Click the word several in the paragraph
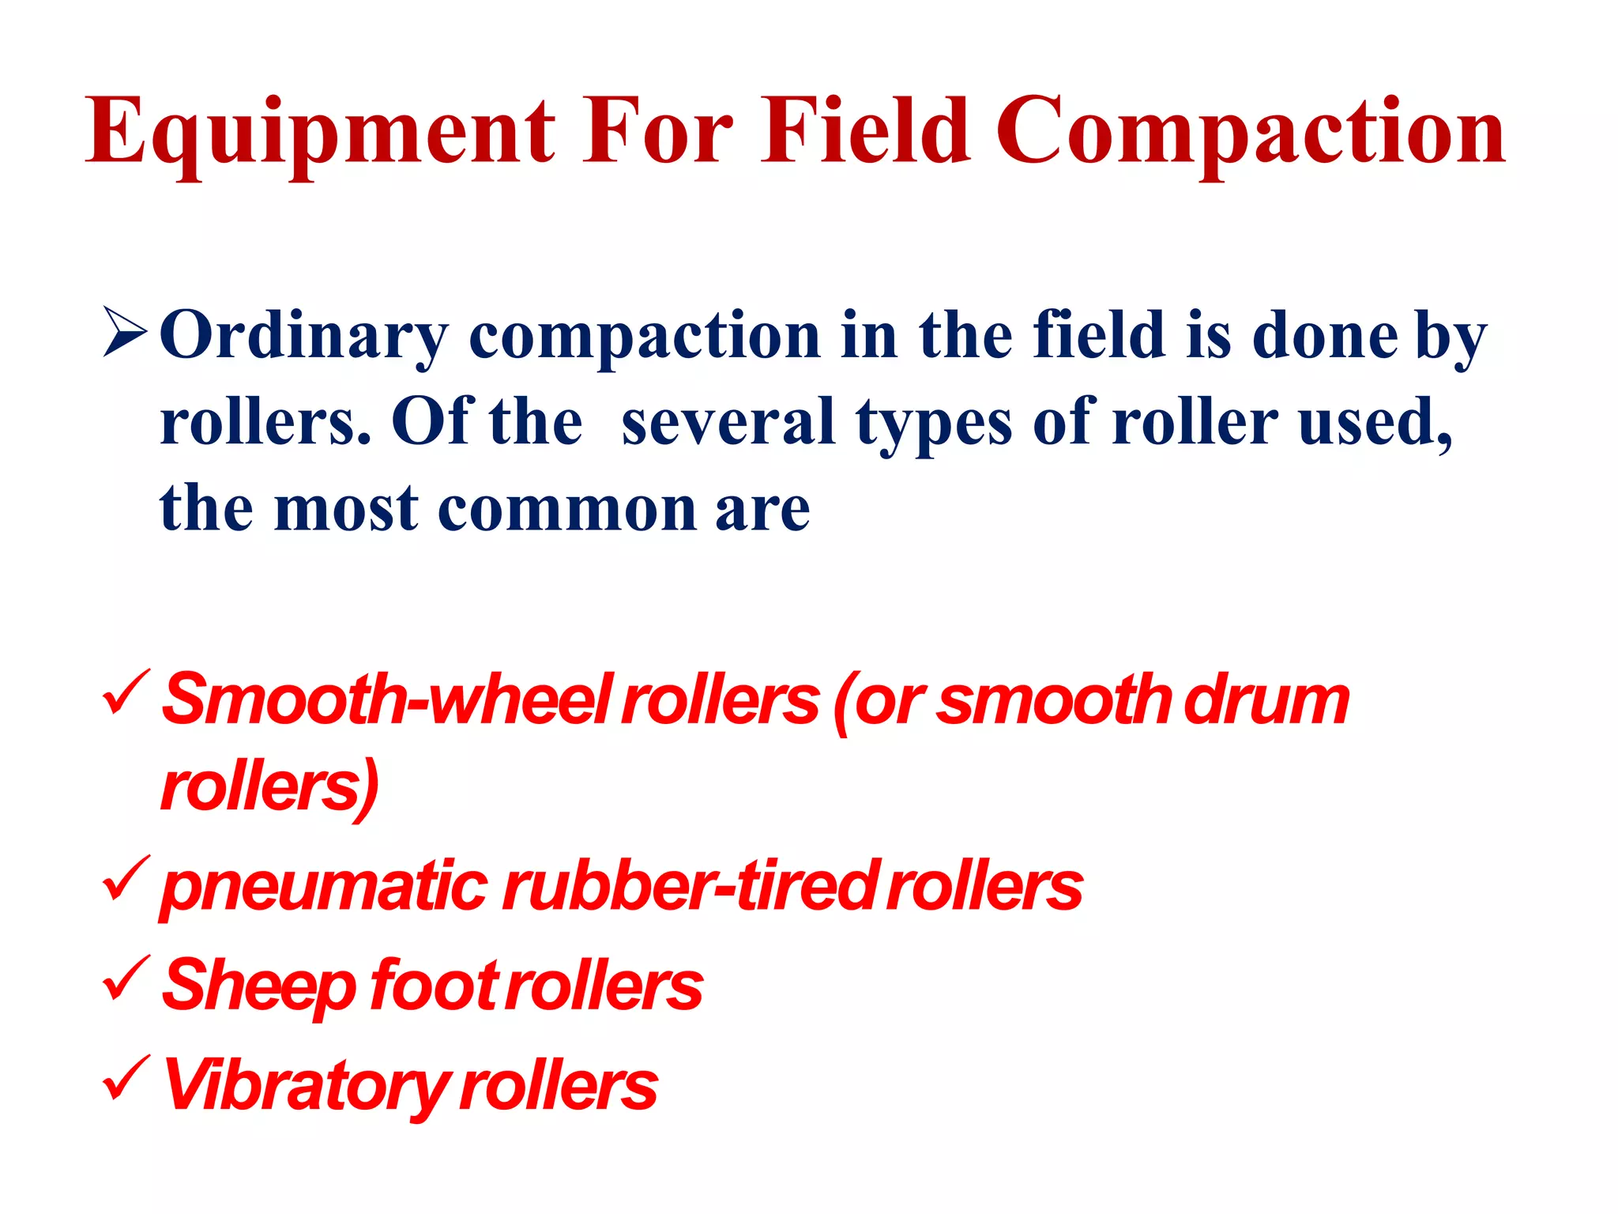pyautogui.click(x=728, y=421)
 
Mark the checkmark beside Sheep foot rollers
pyautogui.click(x=125, y=977)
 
